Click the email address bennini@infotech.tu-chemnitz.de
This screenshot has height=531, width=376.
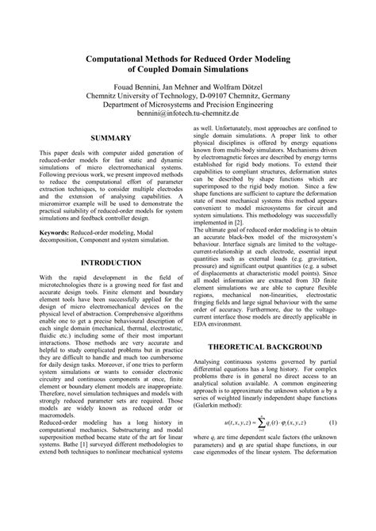click(188, 113)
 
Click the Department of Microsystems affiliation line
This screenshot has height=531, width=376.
click(188, 103)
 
